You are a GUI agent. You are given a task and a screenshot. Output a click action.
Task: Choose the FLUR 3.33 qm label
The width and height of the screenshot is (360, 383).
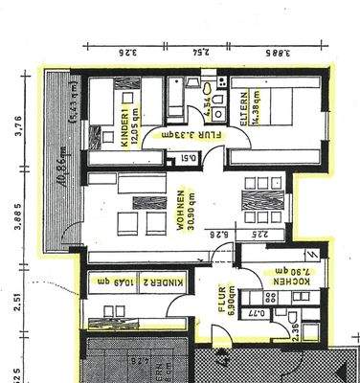[x=187, y=135]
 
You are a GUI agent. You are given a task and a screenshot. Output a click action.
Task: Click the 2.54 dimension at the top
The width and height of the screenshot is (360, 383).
[x=199, y=54]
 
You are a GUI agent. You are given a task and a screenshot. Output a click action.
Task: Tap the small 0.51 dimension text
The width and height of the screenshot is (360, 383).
[x=189, y=159]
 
